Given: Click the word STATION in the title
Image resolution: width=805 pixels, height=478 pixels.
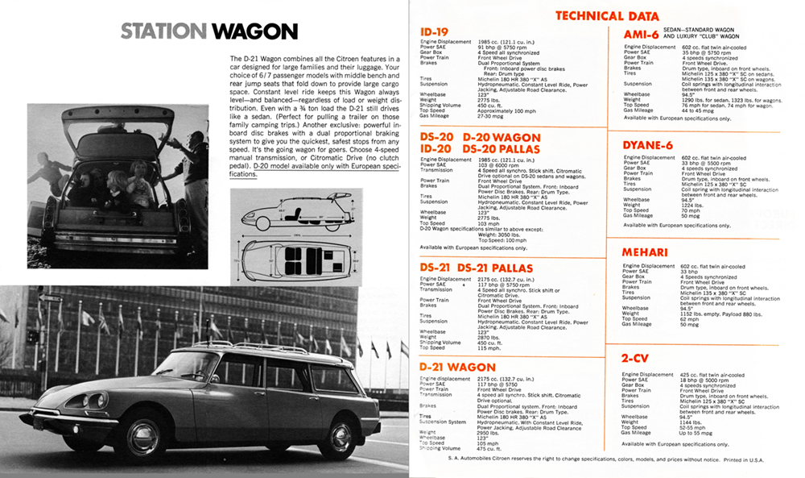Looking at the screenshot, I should click(163, 31).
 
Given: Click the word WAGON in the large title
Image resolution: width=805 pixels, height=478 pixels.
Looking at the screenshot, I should click(254, 31).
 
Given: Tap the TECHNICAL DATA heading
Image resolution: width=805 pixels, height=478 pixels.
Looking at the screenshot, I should click(607, 16).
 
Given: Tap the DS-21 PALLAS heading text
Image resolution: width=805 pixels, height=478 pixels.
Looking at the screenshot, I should click(510, 268).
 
